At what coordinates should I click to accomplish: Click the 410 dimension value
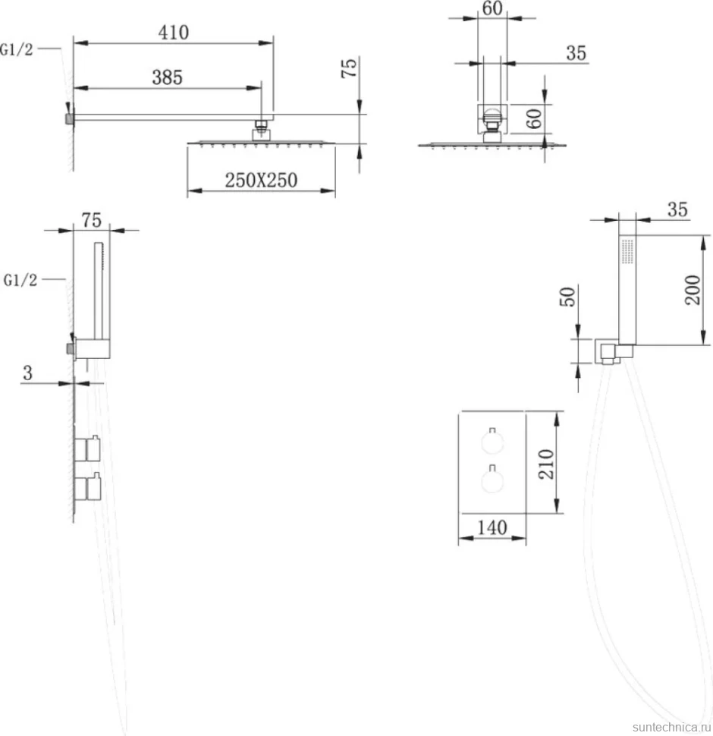(174, 33)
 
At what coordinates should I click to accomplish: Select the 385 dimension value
(168, 77)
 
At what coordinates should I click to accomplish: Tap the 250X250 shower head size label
(261, 181)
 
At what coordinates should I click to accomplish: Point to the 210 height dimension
(546, 464)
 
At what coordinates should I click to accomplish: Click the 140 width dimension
(492, 527)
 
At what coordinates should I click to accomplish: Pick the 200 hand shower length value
(693, 290)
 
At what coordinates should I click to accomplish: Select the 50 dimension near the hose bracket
(567, 297)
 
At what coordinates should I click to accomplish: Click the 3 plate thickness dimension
(27, 373)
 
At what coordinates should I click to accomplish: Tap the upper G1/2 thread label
(17, 49)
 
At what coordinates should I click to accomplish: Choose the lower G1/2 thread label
(20, 280)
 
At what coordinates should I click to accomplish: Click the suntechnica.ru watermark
(671, 727)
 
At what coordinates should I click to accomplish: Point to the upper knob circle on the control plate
(492, 442)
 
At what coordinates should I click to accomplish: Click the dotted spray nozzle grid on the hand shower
(627, 251)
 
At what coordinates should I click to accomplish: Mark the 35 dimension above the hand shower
(677, 209)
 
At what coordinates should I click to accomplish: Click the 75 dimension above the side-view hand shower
(92, 220)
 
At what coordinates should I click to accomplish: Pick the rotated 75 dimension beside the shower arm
(349, 68)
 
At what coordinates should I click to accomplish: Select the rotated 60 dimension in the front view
(534, 118)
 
